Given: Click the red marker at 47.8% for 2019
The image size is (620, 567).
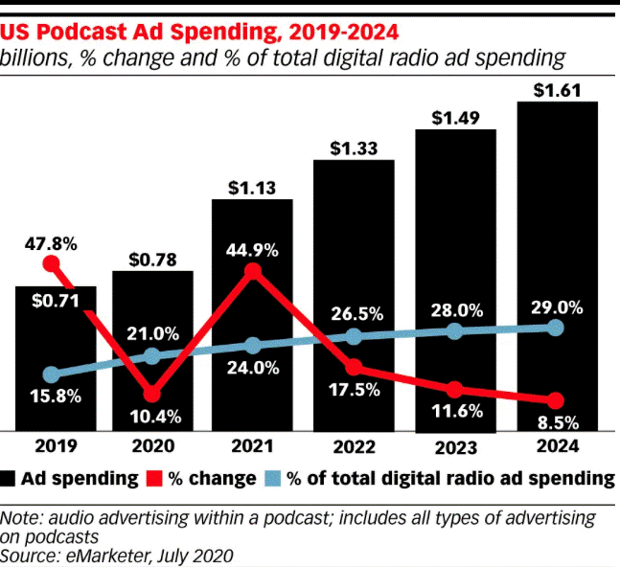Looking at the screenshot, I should [52, 263].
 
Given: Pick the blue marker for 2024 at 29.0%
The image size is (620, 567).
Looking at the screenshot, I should [556, 328].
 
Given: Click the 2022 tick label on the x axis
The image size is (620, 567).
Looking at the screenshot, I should [354, 446].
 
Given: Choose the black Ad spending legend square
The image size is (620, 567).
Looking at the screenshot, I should [11, 479].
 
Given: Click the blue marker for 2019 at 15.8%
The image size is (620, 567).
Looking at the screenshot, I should [52, 374].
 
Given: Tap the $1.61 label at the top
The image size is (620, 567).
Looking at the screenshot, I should [557, 89].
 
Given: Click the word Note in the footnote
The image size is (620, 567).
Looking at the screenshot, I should [21, 518].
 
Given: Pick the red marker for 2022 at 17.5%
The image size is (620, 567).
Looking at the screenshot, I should [354, 368].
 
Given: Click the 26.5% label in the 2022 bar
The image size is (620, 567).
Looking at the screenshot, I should [354, 313].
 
